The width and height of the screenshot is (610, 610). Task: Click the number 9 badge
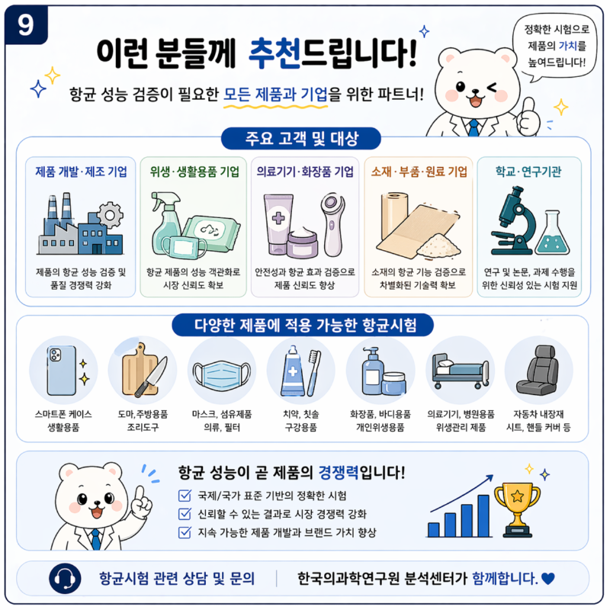coord(26,25)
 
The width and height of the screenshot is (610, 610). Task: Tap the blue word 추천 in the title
coord(274,53)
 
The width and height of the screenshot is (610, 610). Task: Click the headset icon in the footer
coord(65,579)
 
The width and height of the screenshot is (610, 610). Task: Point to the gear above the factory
coord(110,215)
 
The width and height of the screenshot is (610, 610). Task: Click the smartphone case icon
coord(62,371)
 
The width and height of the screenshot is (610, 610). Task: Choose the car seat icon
coord(538,370)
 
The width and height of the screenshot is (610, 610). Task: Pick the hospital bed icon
coord(461,371)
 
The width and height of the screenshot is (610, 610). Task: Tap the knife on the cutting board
coord(151,377)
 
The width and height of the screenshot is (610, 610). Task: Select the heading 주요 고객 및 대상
coord(301,139)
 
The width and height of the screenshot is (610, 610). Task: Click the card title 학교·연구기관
coord(528,172)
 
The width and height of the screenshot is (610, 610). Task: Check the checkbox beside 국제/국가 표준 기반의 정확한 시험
coord(185,495)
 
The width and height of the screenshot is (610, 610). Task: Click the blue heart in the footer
coord(547,579)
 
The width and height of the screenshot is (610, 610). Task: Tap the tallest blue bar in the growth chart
coord(483,516)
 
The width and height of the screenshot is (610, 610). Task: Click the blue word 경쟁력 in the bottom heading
coord(339,472)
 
